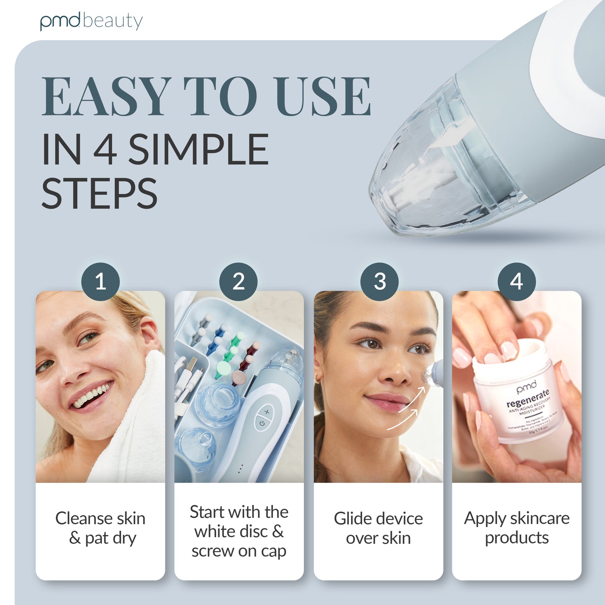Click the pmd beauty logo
[91, 21]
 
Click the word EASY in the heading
[107, 97]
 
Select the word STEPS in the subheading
[99, 193]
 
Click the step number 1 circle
[100, 281]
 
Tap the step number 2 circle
[239, 281]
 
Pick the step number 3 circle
[379, 281]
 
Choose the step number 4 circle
[517, 281]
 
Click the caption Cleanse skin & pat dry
[100, 528]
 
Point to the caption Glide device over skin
[378, 528]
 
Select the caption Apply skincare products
[517, 528]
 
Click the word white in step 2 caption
[214, 532]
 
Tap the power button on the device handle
[262, 423]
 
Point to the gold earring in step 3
[317, 380]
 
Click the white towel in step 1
[138, 419]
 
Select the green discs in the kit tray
[228, 354]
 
